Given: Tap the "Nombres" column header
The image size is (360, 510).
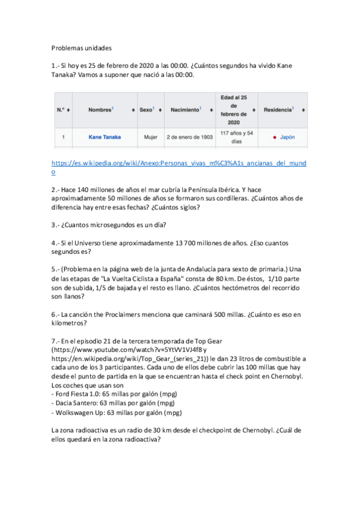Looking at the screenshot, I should tap(100, 110).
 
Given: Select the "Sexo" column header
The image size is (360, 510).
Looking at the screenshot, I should tap(147, 110).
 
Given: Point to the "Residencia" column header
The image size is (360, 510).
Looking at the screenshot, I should tap(278, 110).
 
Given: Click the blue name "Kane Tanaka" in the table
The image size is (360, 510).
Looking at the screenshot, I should tap(104, 137).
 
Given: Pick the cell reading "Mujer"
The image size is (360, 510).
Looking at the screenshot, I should tap(150, 137).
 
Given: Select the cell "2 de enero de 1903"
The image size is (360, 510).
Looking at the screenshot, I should tap(189, 137).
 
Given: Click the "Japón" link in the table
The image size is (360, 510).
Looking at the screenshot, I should tap(287, 137).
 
